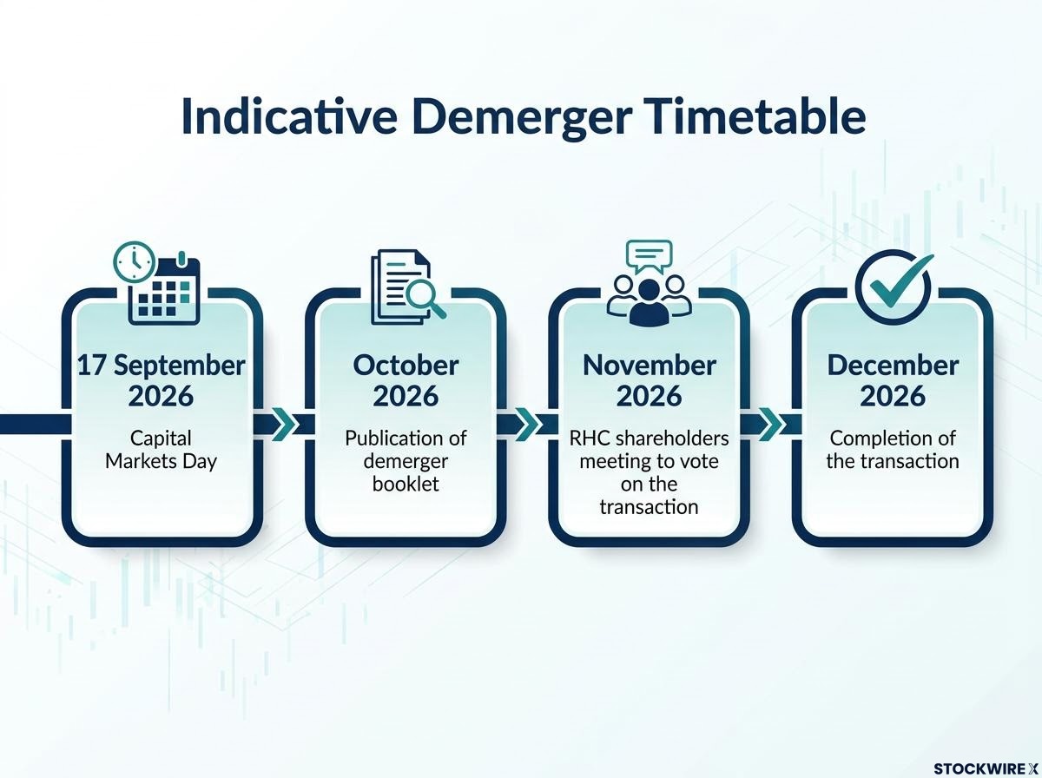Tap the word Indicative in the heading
click(289, 116)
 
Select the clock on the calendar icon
click(135, 262)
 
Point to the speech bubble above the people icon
click(649, 256)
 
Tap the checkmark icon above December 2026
click(894, 288)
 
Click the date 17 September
click(161, 366)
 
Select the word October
click(406, 366)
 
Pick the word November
click(650, 366)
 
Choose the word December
click(893, 366)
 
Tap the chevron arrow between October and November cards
click(528, 424)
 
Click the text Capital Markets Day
click(161, 450)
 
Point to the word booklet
click(406, 485)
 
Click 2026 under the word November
click(650, 396)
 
